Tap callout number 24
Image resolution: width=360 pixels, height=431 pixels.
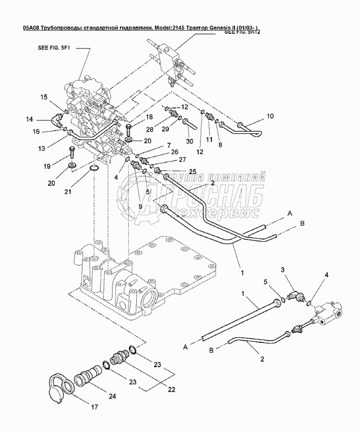pyautogui.click(x=112, y=396)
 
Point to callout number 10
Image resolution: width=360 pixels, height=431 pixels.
pyautogui.click(x=270, y=116)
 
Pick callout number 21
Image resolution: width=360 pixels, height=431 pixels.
pyautogui.click(x=68, y=191)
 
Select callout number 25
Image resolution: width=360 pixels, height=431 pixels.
pyautogui.click(x=192, y=171)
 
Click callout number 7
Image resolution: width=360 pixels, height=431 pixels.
pyautogui.click(x=168, y=146)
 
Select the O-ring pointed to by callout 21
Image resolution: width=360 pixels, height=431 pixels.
pyautogui.click(x=95, y=168)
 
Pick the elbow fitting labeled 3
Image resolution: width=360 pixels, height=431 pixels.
pyautogui.click(x=294, y=294)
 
